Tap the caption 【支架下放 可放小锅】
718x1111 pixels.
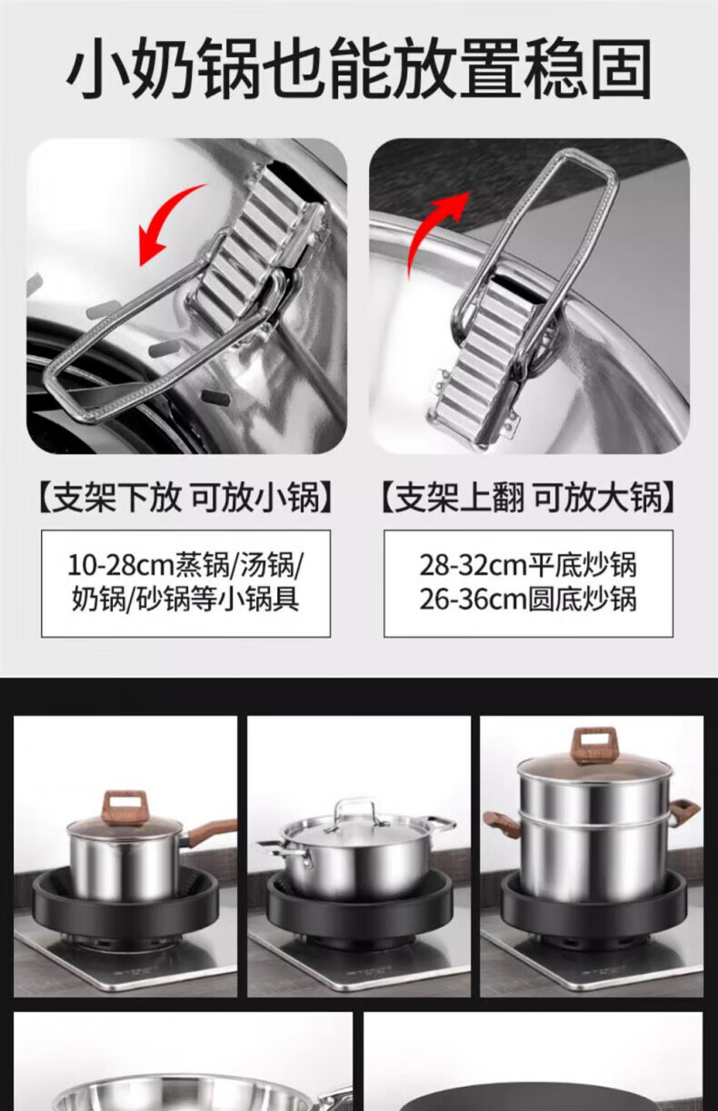point(185,498)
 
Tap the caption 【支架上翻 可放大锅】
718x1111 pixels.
point(528,498)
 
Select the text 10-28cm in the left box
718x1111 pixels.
point(121,565)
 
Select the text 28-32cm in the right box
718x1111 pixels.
point(473,565)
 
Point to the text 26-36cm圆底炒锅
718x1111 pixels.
point(528,600)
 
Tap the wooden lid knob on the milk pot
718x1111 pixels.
point(125,808)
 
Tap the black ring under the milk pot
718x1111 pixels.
point(125,902)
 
